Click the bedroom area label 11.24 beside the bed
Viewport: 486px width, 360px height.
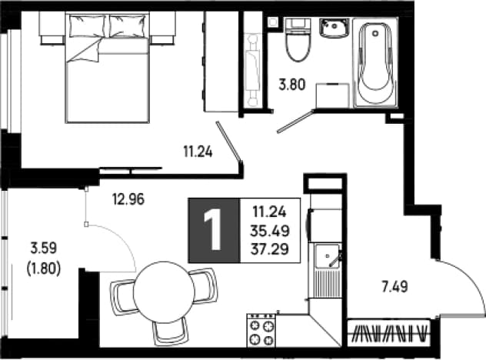click(198, 152)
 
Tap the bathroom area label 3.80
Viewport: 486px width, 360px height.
click(292, 85)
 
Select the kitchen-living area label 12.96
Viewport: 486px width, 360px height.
click(128, 199)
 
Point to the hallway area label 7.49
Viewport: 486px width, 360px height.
click(394, 287)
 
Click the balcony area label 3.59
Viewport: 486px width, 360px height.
click(43, 248)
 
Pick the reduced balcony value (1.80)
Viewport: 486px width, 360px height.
click(43, 268)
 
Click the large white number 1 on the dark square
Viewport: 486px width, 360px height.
click(214, 230)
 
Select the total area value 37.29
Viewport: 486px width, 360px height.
click(270, 248)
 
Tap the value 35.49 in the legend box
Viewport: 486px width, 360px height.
click(270, 231)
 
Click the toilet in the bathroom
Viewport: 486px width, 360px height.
click(298, 39)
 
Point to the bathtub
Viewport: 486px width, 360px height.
click(375, 63)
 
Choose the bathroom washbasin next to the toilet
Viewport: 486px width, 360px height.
click(335, 28)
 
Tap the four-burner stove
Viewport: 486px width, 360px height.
click(261, 330)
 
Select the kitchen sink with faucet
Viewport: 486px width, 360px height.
click(328, 269)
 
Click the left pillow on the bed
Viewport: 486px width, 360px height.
click(87, 26)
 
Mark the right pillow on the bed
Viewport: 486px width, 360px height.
click(128, 26)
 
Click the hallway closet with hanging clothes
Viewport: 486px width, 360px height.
click(388, 333)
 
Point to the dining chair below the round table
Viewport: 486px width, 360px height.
click(170, 331)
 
